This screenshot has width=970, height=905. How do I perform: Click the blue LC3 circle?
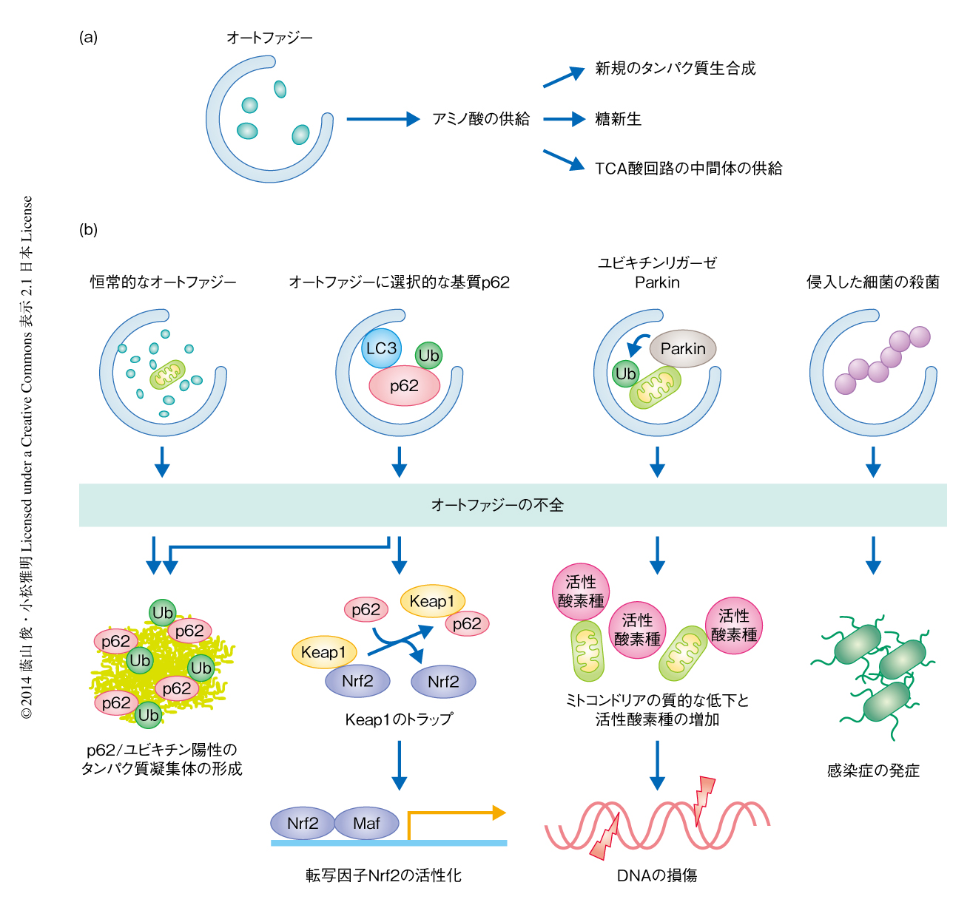tap(381, 348)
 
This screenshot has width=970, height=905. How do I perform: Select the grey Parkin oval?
tap(682, 348)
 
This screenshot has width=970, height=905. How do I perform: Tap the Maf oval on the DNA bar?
tap(366, 823)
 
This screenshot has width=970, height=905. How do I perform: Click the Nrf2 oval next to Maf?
tap(303, 823)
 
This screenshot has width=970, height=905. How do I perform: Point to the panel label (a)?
tap(88, 37)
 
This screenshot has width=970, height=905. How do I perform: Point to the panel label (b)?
tap(88, 229)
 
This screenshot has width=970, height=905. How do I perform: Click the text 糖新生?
tap(618, 119)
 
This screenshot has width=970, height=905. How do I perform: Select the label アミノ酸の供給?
tap(481, 119)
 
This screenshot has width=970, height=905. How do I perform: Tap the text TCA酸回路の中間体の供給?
tap(688, 169)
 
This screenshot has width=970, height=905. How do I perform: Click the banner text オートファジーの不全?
tap(497, 505)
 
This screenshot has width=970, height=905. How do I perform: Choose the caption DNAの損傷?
tap(657, 875)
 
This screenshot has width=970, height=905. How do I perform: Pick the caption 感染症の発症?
tap(873, 770)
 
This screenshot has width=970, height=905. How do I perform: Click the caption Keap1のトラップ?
tap(399, 719)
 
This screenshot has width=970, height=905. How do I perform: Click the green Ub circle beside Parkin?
tap(625, 373)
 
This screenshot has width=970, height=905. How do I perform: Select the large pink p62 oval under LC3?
tap(404, 386)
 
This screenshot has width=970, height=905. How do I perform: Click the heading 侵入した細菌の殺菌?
tap(873, 282)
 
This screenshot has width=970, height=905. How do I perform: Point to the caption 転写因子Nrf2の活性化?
tap(383, 875)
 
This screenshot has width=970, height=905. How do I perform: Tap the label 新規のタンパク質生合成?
tap(676, 69)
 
